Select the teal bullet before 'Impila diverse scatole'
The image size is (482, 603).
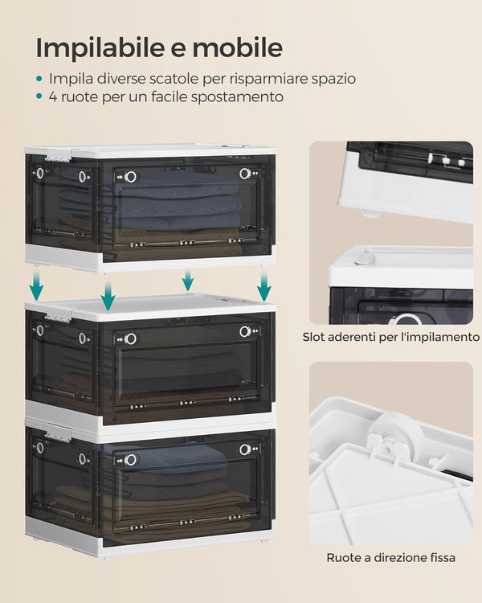[x=39, y=80]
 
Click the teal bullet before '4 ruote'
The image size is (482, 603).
[x=39, y=97]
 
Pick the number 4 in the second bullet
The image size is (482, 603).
[x=53, y=97]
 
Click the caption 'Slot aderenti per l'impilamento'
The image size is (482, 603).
[x=390, y=337]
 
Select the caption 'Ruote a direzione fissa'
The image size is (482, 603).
[x=390, y=556]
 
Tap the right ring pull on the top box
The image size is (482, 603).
[x=244, y=174]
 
